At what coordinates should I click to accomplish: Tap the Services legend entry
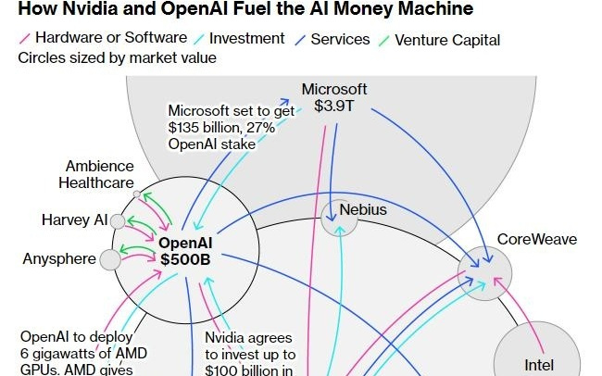tap(337, 40)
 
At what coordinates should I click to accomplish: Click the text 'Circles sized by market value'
tap(117, 57)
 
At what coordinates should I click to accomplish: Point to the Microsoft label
tap(334, 90)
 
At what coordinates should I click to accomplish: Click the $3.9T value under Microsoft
tap(334, 107)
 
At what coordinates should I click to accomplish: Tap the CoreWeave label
tap(537, 240)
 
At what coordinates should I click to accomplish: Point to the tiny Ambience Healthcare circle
tap(137, 194)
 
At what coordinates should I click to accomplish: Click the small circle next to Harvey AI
tap(117, 221)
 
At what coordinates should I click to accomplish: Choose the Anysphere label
tap(59, 258)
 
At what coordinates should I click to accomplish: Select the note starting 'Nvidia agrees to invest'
tap(250, 354)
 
